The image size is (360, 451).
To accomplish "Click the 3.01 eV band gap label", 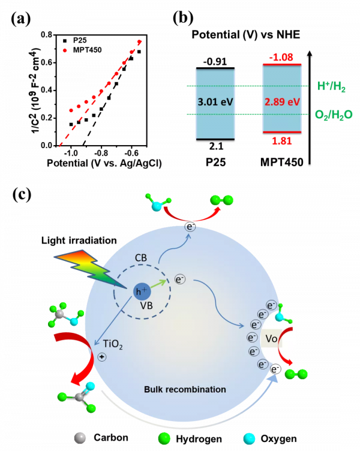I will [x=215, y=102].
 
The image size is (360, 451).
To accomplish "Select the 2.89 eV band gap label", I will [x=282, y=102].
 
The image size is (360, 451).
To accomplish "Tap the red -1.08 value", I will [x=281, y=58].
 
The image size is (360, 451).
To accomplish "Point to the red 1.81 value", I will [x=281, y=140].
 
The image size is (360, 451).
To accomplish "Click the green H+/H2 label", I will [x=331, y=87].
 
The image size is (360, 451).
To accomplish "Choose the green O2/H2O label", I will [x=331, y=114].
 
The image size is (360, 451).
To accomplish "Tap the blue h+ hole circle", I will [x=142, y=292].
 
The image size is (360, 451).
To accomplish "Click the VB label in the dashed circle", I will [x=146, y=305].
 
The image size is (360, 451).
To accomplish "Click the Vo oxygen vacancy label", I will [x=271, y=339].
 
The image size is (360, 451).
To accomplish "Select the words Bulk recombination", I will [x=185, y=389].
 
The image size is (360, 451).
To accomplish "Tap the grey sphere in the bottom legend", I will [x=80, y=438].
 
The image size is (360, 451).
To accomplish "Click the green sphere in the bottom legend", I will [x=164, y=438].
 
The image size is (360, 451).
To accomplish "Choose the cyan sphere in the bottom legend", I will [x=249, y=438].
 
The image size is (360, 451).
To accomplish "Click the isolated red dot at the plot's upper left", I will [x=65, y=50].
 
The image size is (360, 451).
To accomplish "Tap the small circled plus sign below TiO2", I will [x=102, y=357].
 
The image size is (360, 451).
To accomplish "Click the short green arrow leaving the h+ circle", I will [x=159, y=285].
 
